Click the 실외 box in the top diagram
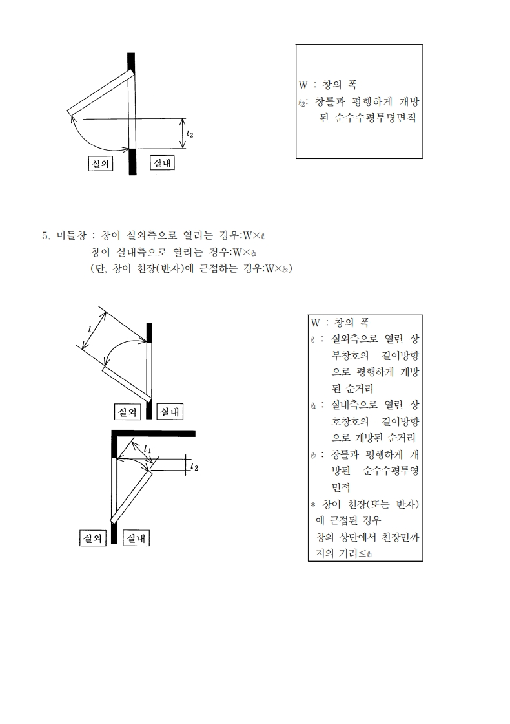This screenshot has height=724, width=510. pos(100,164)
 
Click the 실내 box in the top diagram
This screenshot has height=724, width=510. pos(161,163)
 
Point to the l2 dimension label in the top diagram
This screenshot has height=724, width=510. pos(189,134)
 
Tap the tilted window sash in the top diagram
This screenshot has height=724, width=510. pos(100,95)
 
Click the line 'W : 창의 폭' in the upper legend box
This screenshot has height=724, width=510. pos(329,85)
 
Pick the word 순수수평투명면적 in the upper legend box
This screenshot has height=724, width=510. pos(376,119)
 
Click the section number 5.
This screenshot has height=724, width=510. pos(46,235)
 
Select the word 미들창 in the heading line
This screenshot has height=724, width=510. pos(69,235)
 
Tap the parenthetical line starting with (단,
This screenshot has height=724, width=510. pos(191,268)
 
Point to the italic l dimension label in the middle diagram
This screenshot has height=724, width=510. pos(90,328)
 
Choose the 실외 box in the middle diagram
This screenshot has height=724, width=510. pos(126,411)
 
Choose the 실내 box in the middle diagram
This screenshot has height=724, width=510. pos(170,411)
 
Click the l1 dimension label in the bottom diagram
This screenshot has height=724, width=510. pos(148,448)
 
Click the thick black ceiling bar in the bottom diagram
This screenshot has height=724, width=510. pos(153,433)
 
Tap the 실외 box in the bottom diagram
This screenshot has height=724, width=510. pos(92,537)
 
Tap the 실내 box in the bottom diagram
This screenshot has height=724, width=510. pos(136,537)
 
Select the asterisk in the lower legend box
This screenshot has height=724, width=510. pos(313,504)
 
